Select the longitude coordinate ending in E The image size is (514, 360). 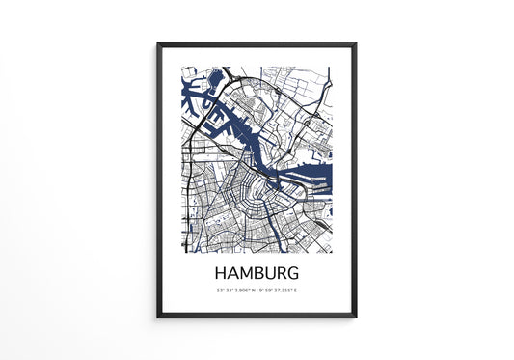click(x=280, y=290)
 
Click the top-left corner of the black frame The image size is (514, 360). click(x=158, y=43)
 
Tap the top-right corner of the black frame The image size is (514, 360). click(x=356, y=43)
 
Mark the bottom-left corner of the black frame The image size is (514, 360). click(x=158, y=316)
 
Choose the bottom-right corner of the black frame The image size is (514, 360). click(x=356, y=316)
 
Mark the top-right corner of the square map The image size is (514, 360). click(x=331, y=68)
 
